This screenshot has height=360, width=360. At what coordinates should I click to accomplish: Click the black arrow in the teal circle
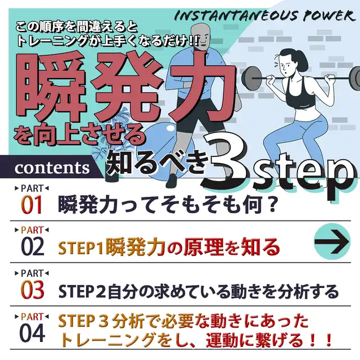pos(332,241)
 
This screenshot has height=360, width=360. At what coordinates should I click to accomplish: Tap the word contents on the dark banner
pos(52,168)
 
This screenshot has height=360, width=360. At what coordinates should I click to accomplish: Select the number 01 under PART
pos(31,205)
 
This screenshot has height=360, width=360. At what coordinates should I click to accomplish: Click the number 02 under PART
pos(33,247)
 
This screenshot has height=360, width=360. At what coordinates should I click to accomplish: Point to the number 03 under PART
pos(33,290)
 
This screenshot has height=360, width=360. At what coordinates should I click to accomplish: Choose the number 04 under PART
pos(33,333)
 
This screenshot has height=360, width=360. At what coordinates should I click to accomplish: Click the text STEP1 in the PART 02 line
pos(81,247)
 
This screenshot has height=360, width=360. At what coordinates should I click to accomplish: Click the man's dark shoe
pos(175,181)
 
